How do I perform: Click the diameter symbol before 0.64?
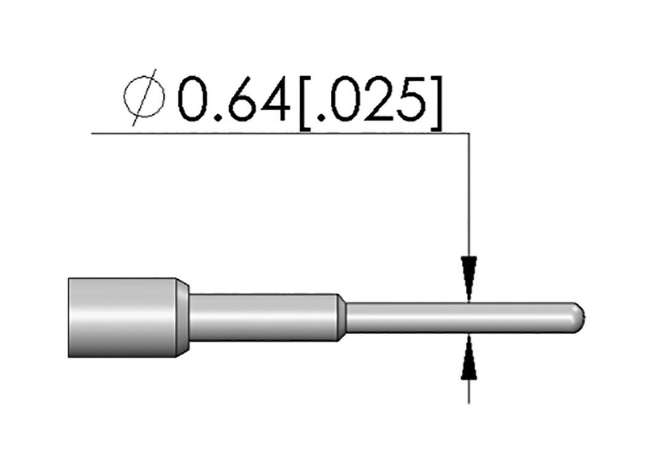[x=144, y=97]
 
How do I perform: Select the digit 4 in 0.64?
[x=273, y=99]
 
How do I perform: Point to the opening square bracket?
[x=305, y=103]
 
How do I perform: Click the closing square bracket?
[x=436, y=103]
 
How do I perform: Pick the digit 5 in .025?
[x=411, y=99]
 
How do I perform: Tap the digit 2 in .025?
[x=378, y=99]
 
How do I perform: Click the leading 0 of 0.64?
[x=194, y=99]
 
